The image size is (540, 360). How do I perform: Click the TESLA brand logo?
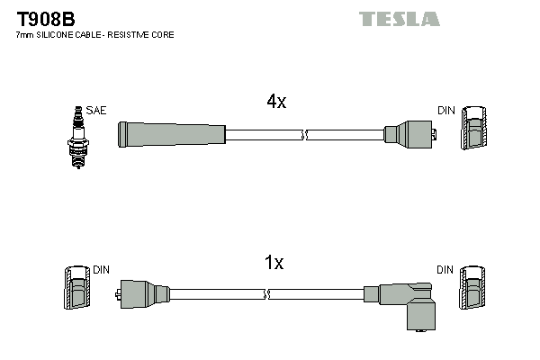pyautogui.click(x=399, y=19)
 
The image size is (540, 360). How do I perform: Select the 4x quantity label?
pyautogui.click(x=276, y=103)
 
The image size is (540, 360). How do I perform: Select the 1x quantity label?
pyautogui.click(x=274, y=264)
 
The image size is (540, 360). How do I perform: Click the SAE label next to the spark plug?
pyautogui.click(x=97, y=111)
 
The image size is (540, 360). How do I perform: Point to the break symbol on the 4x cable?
pyautogui.click(x=305, y=135)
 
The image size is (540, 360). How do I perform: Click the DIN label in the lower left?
pyautogui.click(x=100, y=270)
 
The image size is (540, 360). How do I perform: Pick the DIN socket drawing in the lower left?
pyautogui.click(x=76, y=290)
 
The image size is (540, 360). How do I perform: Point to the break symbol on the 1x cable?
pyautogui.click(x=267, y=293)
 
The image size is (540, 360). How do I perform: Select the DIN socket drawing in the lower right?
pyautogui.click(x=474, y=290)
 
